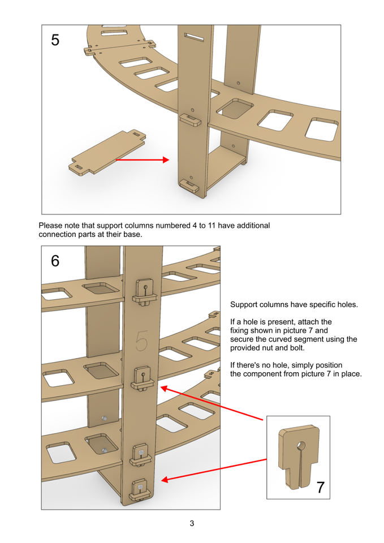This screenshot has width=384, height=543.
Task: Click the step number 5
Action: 55,40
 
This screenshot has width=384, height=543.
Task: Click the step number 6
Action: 55,261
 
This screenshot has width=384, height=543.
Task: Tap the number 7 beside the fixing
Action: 320,486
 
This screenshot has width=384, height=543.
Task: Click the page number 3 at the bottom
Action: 192,523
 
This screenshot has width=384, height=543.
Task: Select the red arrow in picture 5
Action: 142,160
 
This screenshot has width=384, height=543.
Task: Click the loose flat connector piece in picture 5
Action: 107,151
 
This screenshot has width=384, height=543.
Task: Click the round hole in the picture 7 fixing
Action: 300,445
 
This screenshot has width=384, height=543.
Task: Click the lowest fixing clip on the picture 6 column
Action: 139,489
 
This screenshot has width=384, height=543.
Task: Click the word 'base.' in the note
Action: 131,234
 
